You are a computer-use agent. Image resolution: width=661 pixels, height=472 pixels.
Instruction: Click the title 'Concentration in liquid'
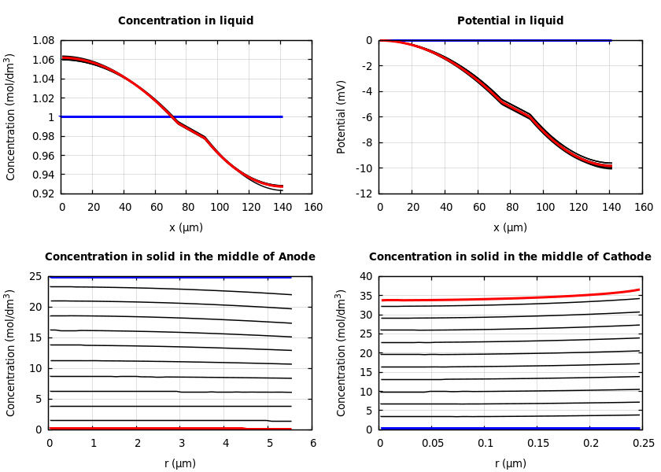coord(186,21)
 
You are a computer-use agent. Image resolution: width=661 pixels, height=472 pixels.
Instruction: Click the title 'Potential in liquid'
coord(510,21)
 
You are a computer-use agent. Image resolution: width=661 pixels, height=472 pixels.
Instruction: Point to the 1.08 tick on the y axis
coord(42,40)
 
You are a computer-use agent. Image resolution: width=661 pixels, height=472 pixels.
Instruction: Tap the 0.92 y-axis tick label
coord(42,194)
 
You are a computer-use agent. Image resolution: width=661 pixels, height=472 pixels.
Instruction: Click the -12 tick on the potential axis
coord(364,194)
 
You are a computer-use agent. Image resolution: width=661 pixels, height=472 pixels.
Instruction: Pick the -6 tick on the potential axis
coord(367,117)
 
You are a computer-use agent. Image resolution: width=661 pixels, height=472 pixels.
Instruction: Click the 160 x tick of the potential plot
coord(643,208)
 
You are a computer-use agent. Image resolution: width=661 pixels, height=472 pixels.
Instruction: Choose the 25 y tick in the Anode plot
coord(35,276)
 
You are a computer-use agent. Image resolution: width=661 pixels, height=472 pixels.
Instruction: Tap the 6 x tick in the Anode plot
coord(312,444)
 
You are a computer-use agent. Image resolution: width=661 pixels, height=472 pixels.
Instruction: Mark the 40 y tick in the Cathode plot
coord(366,276)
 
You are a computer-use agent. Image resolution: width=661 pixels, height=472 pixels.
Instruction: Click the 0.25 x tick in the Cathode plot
coord(643,444)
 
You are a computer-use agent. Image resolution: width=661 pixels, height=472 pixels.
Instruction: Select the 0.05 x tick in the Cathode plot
coord(432,444)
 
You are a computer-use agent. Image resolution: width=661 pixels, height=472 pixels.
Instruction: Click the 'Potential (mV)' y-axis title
coord(342,116)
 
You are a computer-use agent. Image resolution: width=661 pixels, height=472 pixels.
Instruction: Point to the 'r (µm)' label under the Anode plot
coord(180,463)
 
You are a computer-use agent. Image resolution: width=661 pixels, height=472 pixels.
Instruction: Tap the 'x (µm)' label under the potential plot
coord(510,227)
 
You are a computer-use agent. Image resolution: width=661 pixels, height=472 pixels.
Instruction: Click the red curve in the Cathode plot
coord(511,298)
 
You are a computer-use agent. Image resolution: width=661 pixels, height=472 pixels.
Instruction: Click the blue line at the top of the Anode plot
coord(170,277)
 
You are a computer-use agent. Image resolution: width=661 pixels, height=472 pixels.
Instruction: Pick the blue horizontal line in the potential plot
coord(496,40)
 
